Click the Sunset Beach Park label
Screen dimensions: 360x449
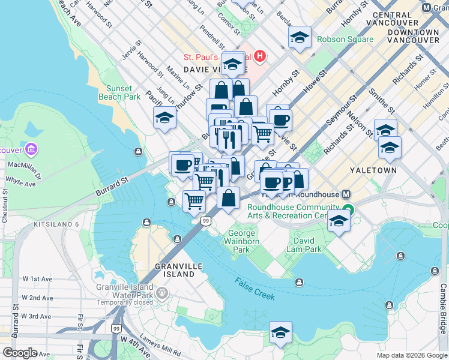[123, 92]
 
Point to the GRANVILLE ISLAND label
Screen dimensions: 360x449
[175, 269]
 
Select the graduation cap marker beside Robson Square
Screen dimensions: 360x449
[300, 38]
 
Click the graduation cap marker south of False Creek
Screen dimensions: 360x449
[280, 332]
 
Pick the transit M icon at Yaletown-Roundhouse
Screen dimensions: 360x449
[346, 194]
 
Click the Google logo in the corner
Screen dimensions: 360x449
[20, 353]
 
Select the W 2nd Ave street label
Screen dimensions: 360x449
[38, 298]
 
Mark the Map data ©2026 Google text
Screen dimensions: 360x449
[411, 355]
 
